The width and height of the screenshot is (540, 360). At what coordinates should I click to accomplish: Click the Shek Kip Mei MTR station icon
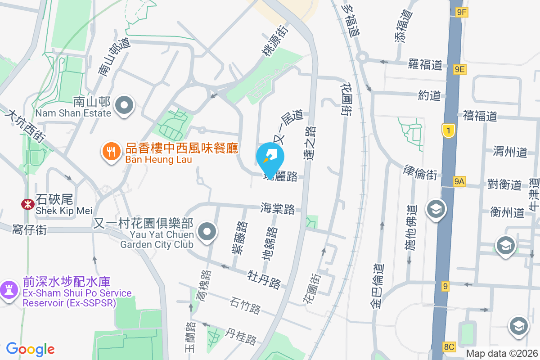tap(28, 204)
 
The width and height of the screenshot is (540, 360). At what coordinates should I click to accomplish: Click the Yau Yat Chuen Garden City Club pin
tap(207, 232)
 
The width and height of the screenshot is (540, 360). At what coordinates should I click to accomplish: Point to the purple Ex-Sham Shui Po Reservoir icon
tap(9, 288)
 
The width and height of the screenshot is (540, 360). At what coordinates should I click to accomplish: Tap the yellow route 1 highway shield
tap(448, 131)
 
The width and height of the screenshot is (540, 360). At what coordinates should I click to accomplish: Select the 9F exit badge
tap(461, 13)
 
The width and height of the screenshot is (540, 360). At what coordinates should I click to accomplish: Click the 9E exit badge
tap(460, 69)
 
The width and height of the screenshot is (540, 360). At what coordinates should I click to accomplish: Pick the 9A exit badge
tap(459, 181)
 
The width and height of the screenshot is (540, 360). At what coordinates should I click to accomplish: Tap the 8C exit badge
tap(449, 346)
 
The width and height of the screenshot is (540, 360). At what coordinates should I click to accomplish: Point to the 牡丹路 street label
tap(265, 279)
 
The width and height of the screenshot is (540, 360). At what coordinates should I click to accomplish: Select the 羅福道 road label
tap(425, 64)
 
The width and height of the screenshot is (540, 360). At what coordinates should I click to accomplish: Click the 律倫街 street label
tap(420, 172)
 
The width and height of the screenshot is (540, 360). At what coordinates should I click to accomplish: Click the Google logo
tap(30, 349)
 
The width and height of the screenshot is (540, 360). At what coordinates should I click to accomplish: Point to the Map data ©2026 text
tap(502, 354)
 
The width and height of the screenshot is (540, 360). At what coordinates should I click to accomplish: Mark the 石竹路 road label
tap(245, 306)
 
